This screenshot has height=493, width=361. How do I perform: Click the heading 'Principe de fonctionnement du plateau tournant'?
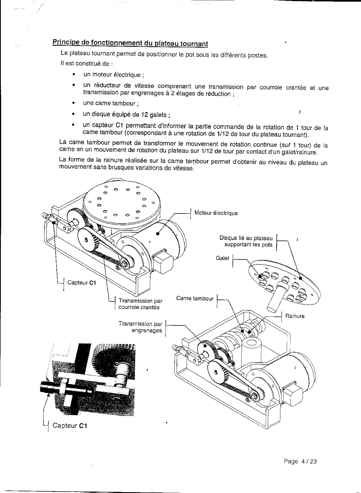pyautogui.click(x=130, y=43)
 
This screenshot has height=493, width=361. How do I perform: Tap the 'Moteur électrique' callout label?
pyautogui.click(x=216, y=213)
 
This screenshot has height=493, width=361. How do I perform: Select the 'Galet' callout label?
pyautogui.click(x=223, y=258)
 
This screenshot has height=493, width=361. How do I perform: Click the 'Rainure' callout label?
pyautogui.click(x=295, y=316)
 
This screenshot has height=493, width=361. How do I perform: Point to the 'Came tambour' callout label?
pyautogui.click(x=195, y=298)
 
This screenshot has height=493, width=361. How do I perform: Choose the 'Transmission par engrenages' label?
pyautogui.click(x=140, y=327)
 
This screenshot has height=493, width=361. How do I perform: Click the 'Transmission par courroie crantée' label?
pyautogui.click(x=140, y=304)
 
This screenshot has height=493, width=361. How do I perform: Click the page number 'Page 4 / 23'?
pyautogui.click(x=300, y=461)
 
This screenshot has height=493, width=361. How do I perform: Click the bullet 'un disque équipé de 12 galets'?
pyautogui.click(x=126, y=115)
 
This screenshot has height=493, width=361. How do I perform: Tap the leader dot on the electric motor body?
pyautogui.click(x=158, y=233)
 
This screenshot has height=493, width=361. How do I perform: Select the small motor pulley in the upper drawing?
pyautogui.click(x=124, y=263)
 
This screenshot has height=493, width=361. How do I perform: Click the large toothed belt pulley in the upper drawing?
pyautogui.click(x=88, y=240)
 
